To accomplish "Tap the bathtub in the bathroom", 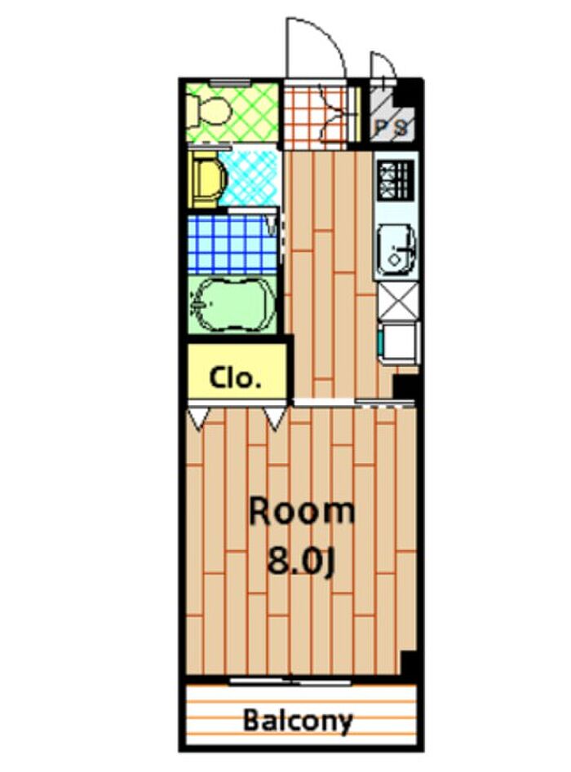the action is click(x=231, y=304).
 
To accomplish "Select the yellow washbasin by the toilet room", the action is click(x=207, y=179).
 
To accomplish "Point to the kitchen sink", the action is click(x=396, y=249).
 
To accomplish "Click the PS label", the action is click(x=392, y=128).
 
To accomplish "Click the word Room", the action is click(x=302, y=512).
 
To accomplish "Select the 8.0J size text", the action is click(x=302, y=562).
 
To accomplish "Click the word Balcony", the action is click(x=299, y=721).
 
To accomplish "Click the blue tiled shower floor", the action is click(x=232, y=245).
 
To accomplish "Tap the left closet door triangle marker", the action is click(x=199, y=419).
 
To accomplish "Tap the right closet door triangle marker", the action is click(x=276, y=419).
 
